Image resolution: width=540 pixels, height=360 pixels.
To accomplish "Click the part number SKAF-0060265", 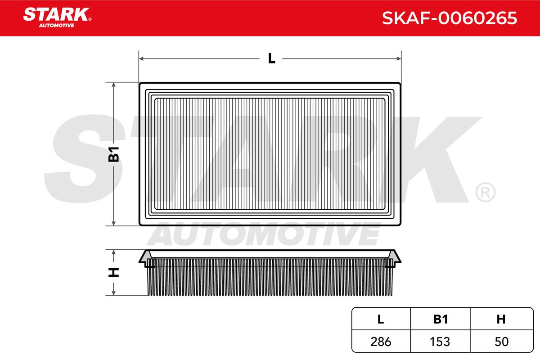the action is [x=450, y=18].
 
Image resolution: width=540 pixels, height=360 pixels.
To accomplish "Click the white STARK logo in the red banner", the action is [x=57, y=14].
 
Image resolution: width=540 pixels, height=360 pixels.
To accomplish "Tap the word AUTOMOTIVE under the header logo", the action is [x=57, y=26].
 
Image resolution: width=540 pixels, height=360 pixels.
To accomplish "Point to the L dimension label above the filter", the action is [x=271, y=58].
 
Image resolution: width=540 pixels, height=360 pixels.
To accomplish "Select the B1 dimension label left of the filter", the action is [x=113, y=154].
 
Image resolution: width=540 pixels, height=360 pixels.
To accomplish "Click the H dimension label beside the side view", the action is [x=113, y=272].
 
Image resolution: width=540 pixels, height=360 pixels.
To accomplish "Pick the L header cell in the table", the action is [x=381, y=319].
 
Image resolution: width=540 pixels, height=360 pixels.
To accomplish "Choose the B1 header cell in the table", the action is [x=441, y=319].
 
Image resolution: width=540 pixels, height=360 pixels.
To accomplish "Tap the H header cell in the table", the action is [x=501, y=319].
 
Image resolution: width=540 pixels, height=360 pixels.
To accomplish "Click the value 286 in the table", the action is [x=381, y=342].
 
